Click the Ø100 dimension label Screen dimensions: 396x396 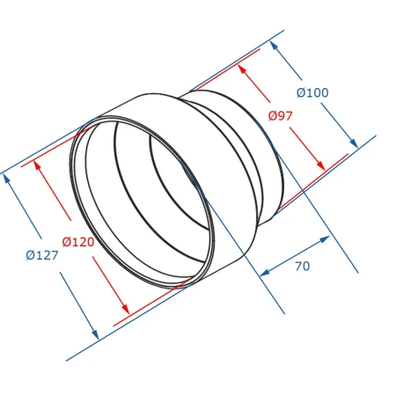[312, 92]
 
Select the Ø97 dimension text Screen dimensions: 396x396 [280, 116]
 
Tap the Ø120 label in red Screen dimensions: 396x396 [78, 242]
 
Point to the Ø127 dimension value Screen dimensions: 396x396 [42, 255]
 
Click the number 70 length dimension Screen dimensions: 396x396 [303, 266]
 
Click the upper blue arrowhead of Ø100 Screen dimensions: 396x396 [274, 46]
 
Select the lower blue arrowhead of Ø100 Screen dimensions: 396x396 [354, 143]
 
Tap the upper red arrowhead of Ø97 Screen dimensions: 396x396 [241, 70]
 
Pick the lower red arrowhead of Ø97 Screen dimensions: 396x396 [321, 165]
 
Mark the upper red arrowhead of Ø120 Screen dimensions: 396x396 [38, 165]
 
